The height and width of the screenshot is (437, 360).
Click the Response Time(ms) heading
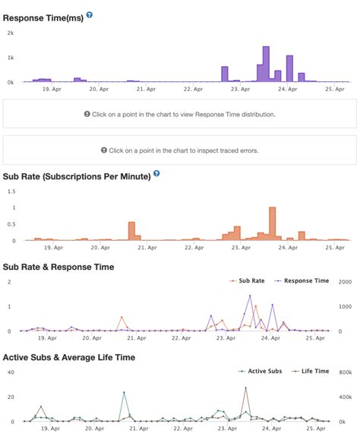43,16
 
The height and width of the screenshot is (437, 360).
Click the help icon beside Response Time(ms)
90,14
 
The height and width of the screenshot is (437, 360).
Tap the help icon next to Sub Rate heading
156,173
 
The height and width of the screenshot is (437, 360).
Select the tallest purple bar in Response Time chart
266,64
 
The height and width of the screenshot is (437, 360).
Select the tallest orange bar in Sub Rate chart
272,223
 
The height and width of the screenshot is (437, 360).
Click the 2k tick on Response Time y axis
10,33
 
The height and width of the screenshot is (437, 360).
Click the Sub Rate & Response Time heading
58,267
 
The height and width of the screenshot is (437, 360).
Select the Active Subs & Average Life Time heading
69,356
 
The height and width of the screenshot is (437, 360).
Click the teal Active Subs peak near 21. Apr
124,393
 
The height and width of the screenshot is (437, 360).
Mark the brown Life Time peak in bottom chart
245,388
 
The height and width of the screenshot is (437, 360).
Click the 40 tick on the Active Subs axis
10,372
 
